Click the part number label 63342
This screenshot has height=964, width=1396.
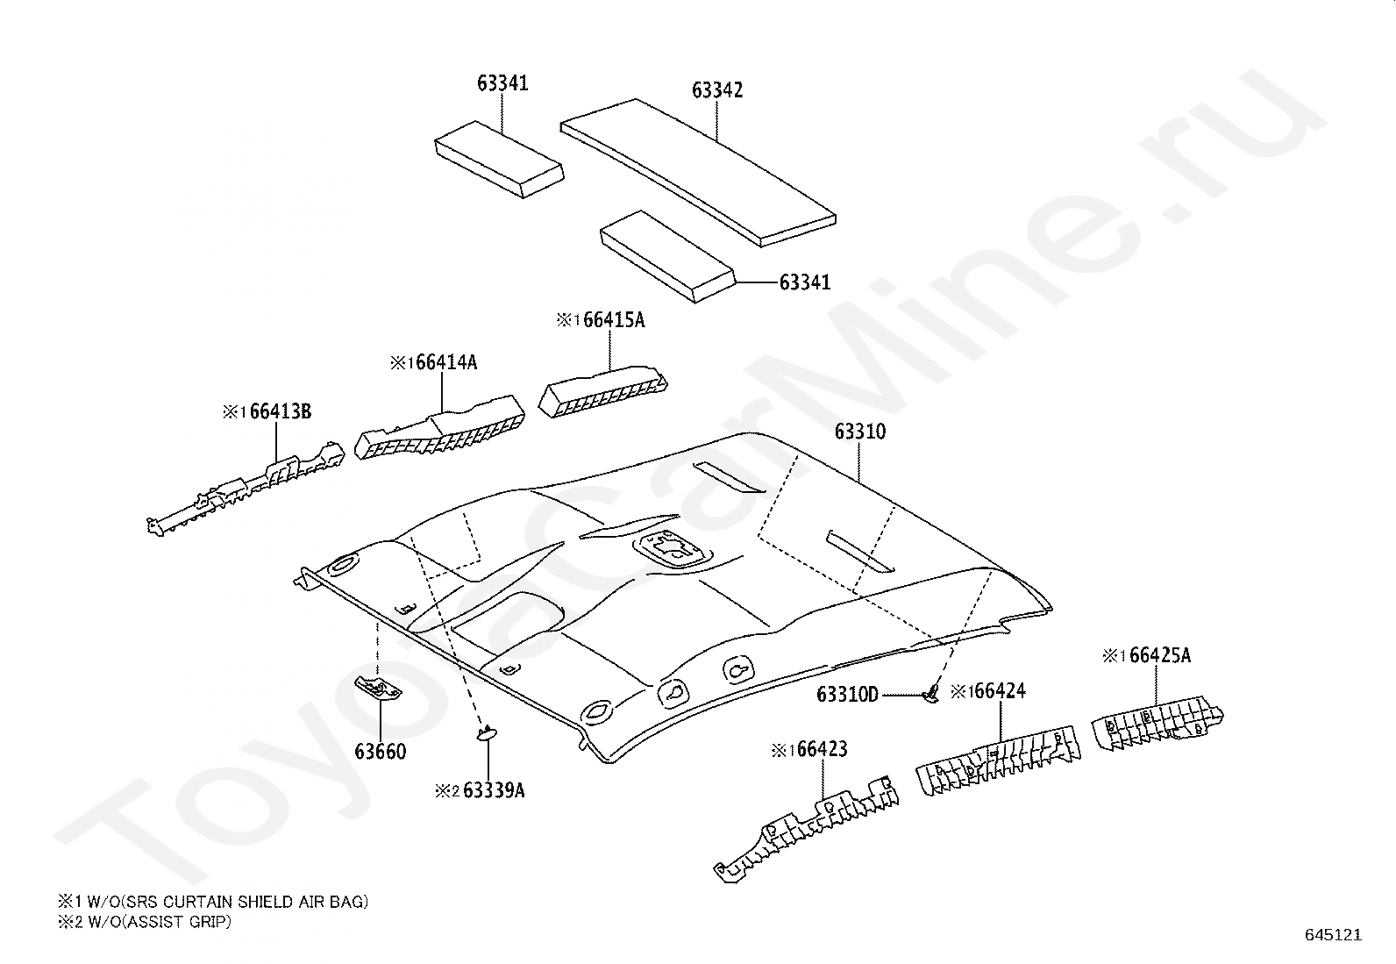(x=717, y=89)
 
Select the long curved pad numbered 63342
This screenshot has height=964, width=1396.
(x=698, y=173)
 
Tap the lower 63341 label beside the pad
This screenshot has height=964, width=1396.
(x=805, y=282)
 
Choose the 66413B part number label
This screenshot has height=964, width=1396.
(x=280, y=411)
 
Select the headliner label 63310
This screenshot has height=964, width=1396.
(x=860, y=432)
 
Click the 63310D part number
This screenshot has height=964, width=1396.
(x=848, y=694)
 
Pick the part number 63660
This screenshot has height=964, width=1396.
(x=381, y=752)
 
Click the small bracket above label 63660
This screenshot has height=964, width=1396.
(x=378, y=688)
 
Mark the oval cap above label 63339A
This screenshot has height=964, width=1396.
(x=487, y=733)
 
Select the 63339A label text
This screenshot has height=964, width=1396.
(x=494, y=790)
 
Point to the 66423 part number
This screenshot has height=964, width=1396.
(x=822, y=749)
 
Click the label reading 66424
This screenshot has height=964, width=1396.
(x=1001, y=691)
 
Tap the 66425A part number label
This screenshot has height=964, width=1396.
(x=1160, y=655)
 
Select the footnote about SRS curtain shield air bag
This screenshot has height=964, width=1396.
(x=213, y=902)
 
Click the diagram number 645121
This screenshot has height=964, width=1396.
(x=1334, y=935)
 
